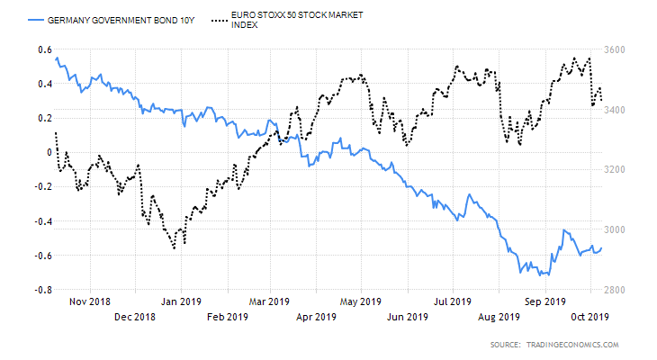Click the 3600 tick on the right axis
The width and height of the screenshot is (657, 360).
pyautogui.click(x=616, y=49)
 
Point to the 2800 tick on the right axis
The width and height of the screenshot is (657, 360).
pyautogui.click(x=616, y=290)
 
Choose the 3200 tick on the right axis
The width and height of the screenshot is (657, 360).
pyautogui.click(x=616, y=169)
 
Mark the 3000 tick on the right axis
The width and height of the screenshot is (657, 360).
pyautogui.click(x=616, y=229)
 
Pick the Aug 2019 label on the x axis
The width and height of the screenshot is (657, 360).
pyautogui.click(x=499, y=316)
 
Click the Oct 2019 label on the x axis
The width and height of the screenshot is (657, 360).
pyautogui.click(x=590, y=316)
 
